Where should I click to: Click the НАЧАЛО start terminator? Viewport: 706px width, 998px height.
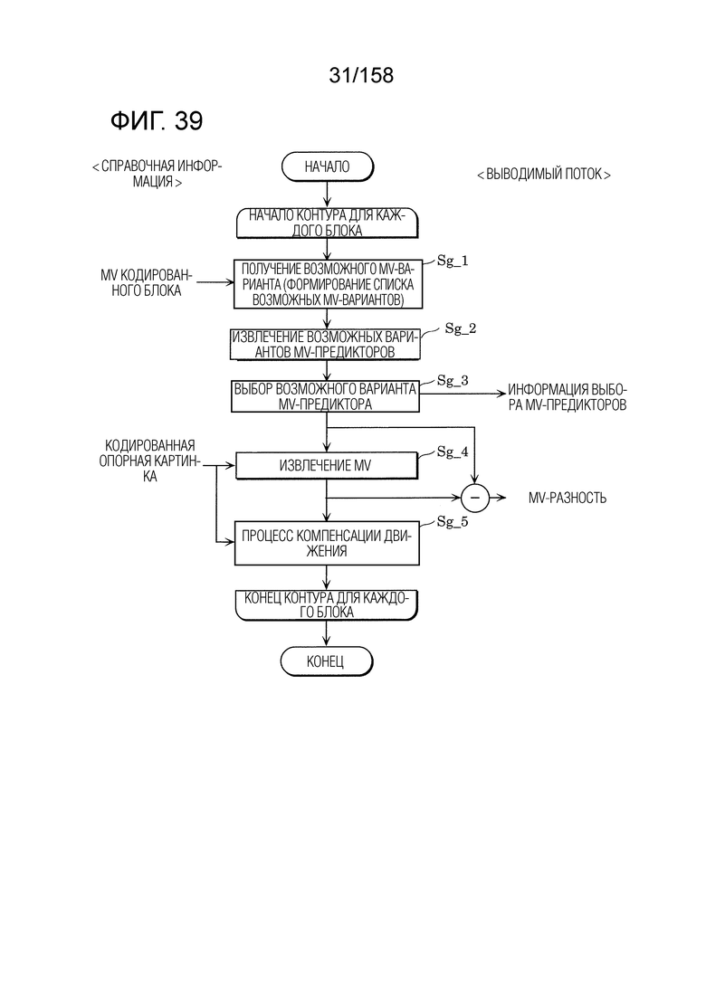click(x=328, y=166)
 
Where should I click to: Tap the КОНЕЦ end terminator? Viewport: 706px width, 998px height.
click(x=326, y=661)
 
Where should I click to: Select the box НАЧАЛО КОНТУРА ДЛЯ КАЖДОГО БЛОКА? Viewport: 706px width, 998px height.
click(x=328, y=223)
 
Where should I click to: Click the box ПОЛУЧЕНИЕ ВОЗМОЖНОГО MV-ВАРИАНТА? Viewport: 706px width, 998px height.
click(x=328, y=284)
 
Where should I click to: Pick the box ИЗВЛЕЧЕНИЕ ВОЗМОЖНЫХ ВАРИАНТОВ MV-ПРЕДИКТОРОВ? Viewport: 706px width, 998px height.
click(x=325, y=345)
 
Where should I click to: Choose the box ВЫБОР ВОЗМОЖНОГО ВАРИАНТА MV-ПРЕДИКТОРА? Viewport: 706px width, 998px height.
click(x=325, y=396)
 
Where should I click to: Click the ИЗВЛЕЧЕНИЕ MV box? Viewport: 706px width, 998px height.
click(x=326, y=466)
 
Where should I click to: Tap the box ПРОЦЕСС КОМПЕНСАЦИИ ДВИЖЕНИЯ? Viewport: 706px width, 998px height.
click(x=327, y=544)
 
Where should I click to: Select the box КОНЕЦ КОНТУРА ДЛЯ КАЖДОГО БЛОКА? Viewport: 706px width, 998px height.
click(x=327, y=604)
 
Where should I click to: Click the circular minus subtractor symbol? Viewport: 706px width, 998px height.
click(x=475, y=498)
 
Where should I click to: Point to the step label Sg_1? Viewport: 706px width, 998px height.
click(x=452, y=261)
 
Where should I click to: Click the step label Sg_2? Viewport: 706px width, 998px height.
click(x=461, y=328)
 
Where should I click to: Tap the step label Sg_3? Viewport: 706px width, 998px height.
click(x=452, y=381)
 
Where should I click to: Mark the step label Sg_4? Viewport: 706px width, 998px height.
click(x=452, y=451)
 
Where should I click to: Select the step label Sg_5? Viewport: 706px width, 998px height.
click(x=452, y=522)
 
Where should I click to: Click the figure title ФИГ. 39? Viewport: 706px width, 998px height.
click(x=157, y=120)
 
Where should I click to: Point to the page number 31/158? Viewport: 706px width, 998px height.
click(x=361, y=75)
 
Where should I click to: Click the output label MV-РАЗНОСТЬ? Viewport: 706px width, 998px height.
click(x=568, y=498)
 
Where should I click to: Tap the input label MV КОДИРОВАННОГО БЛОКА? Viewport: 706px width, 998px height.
click(x=147, y=283)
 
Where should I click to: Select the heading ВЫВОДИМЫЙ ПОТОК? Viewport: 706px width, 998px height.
click(x=544, y=175)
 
